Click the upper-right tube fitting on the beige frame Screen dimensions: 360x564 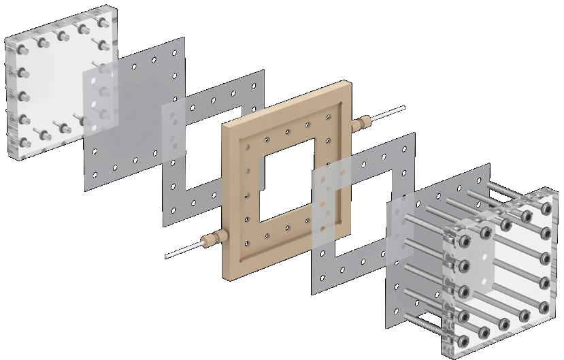pyautogui.click(x=364, y=122)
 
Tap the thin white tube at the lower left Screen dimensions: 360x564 pyautogui.click(x=181, y=252)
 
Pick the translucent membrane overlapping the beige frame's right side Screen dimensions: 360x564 pyautogui.click(x=333, y=197)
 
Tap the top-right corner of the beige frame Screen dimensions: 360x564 pyautogui.click(x=348, y=84)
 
